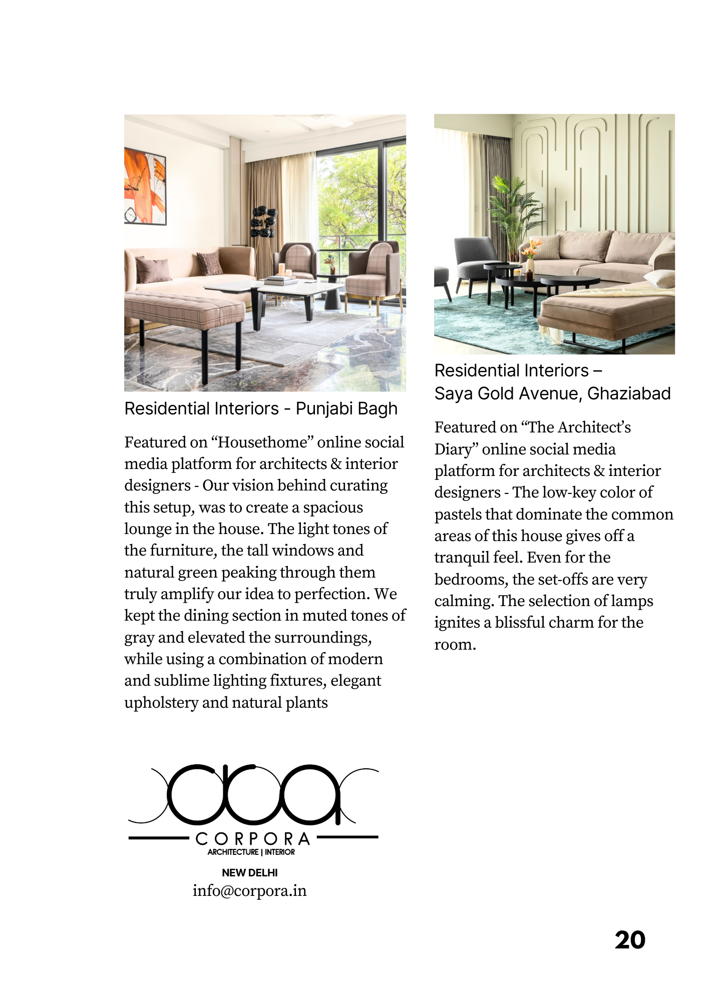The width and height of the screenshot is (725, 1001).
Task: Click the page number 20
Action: coord(630,940)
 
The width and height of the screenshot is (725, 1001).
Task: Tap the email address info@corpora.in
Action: coord(249,891)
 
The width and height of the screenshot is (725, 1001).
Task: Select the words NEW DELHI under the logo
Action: coord(249,872)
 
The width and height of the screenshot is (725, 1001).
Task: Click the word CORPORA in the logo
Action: coord(253,839)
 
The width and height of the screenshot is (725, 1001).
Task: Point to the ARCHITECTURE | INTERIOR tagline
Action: coord(251,852)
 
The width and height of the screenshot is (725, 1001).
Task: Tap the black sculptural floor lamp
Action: coord(263,223)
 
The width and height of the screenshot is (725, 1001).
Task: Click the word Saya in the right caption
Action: coord(454,393)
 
